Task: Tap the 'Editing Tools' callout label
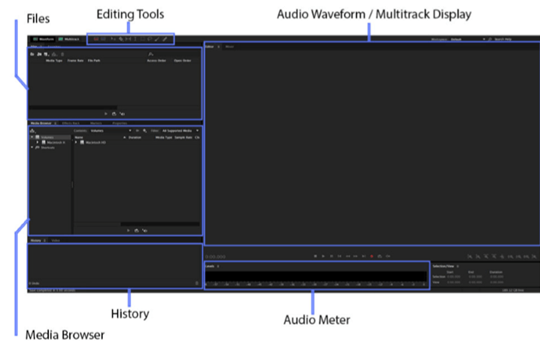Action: (x=130, y=14)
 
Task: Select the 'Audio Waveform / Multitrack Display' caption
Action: (x=374, y=15)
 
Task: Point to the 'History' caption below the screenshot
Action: (x=131, y=314)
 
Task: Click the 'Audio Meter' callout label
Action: (x=317, y=320)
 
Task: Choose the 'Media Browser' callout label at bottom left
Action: (x=65, y=334)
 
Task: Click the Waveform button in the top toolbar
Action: (x=43, y=38)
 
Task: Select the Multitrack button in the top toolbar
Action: (x=69, y=38)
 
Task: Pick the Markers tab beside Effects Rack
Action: (x=97, y=123)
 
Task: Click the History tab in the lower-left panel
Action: (x=36, y=241)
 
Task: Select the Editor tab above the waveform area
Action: (x=210, y=45)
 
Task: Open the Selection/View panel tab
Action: (x=444, y=266)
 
